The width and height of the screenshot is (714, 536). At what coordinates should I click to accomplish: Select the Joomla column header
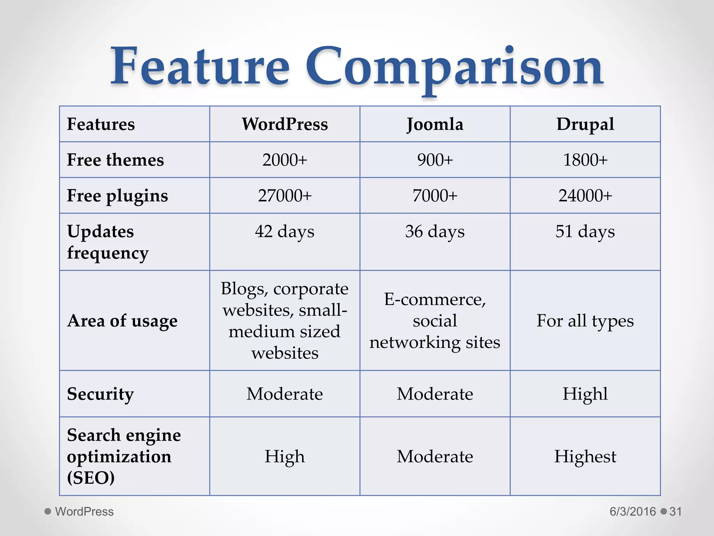(435, 124)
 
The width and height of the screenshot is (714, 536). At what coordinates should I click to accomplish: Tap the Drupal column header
(585, 124)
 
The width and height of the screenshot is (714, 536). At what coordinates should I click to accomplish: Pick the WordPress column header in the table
(284, 124)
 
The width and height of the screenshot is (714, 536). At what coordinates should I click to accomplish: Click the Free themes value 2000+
(284, 160)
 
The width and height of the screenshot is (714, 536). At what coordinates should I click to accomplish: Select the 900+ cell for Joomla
(435, 160)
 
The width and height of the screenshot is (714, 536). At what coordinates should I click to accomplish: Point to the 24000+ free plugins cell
(585, 196)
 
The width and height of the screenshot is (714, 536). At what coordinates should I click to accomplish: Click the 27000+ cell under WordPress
(284, 196)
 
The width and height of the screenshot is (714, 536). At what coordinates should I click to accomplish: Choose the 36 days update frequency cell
(435, 232)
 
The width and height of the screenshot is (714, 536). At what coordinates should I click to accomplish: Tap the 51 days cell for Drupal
(585, 232)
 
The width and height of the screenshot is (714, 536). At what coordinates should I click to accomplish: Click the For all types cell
(585, 321)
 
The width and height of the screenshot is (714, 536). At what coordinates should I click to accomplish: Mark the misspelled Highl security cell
(585, 394)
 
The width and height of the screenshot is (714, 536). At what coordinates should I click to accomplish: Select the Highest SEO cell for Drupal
(585, 456)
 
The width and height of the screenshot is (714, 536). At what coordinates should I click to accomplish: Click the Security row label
(100, 394)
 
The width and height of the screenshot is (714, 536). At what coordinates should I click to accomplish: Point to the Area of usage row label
(122, 321)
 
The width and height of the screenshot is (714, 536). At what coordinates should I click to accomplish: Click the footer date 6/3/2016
(632, 512)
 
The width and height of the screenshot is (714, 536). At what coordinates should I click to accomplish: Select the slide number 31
(675, 512)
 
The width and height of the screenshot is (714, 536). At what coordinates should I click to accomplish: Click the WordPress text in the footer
(84, 512)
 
